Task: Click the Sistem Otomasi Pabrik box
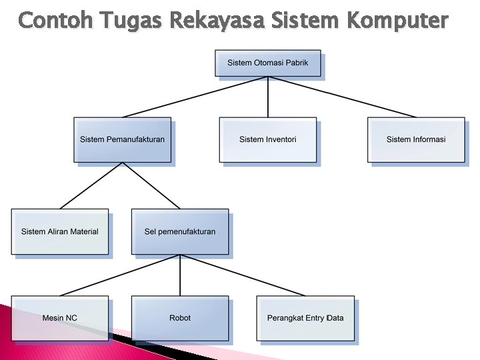pyautogui.click(x=267, y=63)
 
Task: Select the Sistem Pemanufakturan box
pyautogui.click(x=122, y=139)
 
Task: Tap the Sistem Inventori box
pyautogui.click(x=267, y=139)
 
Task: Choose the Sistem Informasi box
pyautogui.click(x=415, y=139)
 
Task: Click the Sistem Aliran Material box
pyautogui.click(x=59, y=231)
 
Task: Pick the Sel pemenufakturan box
pyautogui.click(x=179, y=231)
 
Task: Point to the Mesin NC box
pyautogui.click(x=59, y=318)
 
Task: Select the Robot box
pyautogui.click(x=179, y=318)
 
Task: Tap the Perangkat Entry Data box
pyautogui.click(x=305, y=318)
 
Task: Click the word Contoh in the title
pyautogui.click(x=57, y=21)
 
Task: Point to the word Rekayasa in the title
pyautogui.click(x=215, y=21)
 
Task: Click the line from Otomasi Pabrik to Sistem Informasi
pyautogui.click(x=341, y=97)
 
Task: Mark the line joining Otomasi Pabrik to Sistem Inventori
pyautogui.click(x=267, y=97)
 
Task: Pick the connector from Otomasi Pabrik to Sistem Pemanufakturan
pyautogui.click(x=195, y=97)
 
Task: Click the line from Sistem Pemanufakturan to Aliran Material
pyautogui.click(x=91, y=186)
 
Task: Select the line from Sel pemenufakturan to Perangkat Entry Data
pyautogui.click(x=243, y=275)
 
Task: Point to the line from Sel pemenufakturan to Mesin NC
pyautogui.click(x=120, y=275)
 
